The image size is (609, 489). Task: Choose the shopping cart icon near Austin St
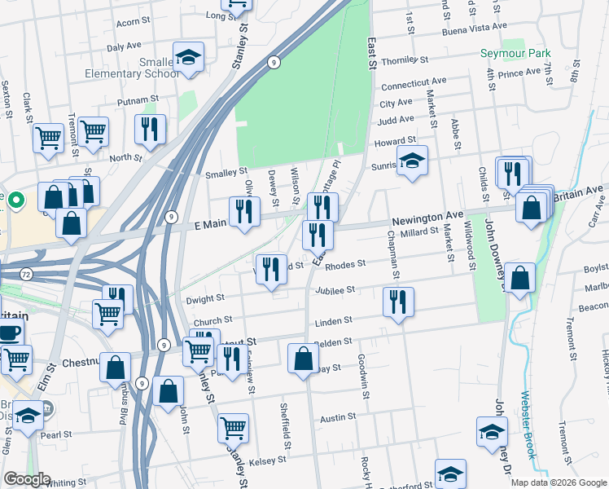pyautogui.click(x=234, y=426)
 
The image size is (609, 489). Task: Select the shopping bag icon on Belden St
pyautogui.click(x=304, y=358)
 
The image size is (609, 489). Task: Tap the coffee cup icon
pyautogui.click(x=10, y=332)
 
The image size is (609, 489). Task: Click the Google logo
pyautogui.click(x=26, y=479)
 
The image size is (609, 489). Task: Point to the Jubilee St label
pyautogui.click(x=340, y=289)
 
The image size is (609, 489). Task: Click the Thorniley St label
pyautogui.click(x=405, y=60)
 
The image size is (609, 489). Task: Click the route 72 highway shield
pyautogui.click(x=26, y=275)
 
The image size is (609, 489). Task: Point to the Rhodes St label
pyautogui.click(x=345, y=264)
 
